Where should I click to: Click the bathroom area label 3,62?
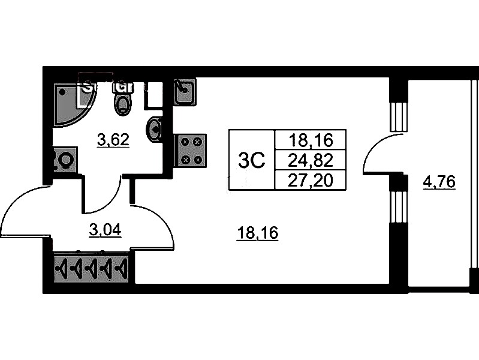click(113, 140)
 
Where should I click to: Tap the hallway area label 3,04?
click(105, 229)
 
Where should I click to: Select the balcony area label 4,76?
click(439, 181)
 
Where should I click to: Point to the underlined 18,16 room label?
click(257, 233)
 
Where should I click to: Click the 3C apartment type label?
click(252, 160)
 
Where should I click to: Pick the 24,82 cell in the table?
click(310, 160)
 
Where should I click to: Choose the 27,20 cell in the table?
click(310, 179)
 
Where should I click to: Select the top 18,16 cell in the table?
click(310, 141)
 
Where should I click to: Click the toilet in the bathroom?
click(122, 100)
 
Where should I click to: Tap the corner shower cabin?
click(67, 103)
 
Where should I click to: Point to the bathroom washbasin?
click(155, 128)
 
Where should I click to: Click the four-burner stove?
click(191, 150)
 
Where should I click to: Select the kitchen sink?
click(185, 92)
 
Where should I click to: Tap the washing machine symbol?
click(64, 160)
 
